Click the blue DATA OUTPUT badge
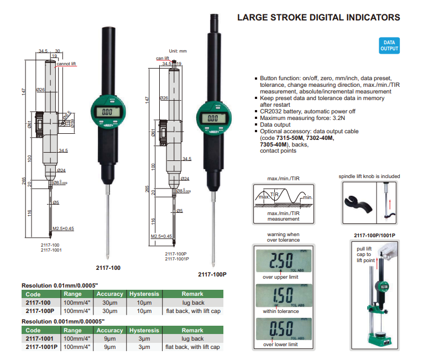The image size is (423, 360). (x=389, y=46)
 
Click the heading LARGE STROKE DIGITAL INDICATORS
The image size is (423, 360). (x=318, y=18)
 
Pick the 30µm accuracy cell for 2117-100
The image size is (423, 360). (x=109, y=302)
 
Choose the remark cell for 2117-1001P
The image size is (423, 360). (x=192, y=347)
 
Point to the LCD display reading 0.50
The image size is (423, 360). (x=284, y=332)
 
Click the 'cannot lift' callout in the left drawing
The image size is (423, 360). (x=66, y=64)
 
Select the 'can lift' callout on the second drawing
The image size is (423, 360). (x=162, y=58)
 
